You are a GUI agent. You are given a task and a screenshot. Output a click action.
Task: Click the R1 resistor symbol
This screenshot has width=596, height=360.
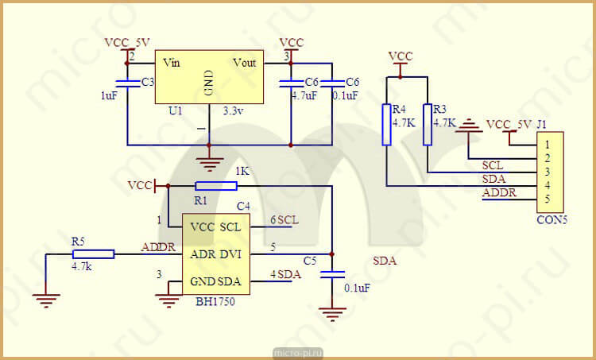[216, 186]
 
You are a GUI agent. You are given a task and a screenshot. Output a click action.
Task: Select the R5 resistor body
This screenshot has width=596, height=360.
[93, 254]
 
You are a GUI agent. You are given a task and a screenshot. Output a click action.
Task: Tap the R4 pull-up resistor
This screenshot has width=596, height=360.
[386, 125]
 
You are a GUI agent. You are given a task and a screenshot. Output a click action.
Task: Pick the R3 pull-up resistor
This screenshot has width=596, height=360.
[428, 125]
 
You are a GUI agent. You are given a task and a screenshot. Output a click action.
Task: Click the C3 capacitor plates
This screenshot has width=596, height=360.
[127, 83]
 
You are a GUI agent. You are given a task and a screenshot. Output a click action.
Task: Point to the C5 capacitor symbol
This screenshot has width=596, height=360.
[332, 274]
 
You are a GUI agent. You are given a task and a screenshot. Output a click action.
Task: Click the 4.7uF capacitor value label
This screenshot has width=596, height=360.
[304, 95]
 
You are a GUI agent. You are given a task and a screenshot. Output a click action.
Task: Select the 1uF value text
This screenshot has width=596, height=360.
[109, 96]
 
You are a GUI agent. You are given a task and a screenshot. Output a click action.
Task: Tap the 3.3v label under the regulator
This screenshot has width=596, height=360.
[233, 111]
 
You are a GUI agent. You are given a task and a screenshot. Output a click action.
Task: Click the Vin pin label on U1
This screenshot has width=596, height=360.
[172, 62]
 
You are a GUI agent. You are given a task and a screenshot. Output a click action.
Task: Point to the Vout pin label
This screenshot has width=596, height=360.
[245, 63]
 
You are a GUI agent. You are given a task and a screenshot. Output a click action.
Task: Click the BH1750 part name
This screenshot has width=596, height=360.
[215, 302]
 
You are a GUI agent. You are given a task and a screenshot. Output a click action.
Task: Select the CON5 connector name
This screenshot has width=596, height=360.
[552, 220]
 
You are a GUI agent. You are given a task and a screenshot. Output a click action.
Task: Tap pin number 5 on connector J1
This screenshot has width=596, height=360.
[548, 199]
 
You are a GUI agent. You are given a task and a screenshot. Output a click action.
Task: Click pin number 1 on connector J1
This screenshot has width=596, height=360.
[548, 145]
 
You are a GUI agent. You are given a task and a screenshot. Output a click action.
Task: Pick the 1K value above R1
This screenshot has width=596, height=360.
[242, 172]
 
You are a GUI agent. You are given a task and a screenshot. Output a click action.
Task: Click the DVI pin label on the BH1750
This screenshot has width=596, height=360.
[230, 254]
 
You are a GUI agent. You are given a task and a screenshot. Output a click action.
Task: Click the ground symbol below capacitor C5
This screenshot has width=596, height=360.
[332, 315]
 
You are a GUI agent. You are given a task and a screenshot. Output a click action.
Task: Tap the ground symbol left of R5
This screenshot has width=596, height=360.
[46, 300]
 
